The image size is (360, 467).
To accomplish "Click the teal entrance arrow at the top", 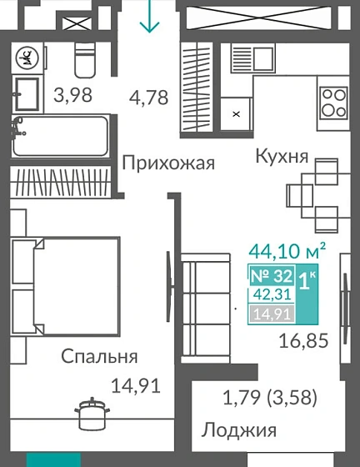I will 150,18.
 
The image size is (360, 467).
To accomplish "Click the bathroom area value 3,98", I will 72,97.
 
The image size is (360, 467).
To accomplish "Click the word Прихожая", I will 168,163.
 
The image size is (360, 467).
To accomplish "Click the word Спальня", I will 99,357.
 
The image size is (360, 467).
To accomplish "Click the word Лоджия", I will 238,431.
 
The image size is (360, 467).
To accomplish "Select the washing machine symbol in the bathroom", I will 26,57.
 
